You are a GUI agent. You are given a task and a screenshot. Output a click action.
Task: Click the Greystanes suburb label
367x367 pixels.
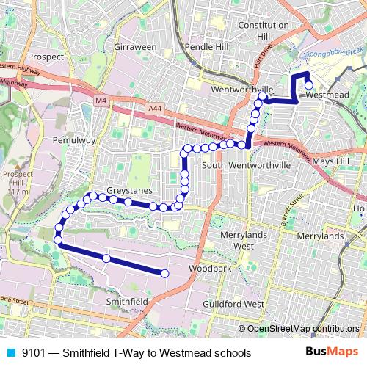[x=129, y=191]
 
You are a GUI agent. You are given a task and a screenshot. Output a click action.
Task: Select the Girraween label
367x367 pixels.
[x=135, y=46]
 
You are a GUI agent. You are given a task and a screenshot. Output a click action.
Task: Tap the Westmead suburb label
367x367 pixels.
[x=325, y=95]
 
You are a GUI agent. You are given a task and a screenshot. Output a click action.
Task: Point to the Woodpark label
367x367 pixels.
[x=203, y=269]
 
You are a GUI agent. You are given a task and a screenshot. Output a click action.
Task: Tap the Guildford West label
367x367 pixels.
[x=233, y=303]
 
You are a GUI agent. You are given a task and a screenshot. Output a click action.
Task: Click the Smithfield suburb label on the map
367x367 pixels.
[x=128, y=301]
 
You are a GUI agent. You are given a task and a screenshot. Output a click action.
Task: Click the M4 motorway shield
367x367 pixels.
[x=101, y=98]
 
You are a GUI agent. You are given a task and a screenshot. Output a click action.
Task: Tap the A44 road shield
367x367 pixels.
[x=153, y=109]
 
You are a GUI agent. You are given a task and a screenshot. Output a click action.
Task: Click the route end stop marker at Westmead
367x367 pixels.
[x=309, y=84]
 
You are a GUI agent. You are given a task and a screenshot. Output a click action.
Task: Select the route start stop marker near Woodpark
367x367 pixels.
[x=164, y=274]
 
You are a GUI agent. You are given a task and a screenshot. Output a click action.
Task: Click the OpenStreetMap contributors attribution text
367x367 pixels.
[x=302, y=328]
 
